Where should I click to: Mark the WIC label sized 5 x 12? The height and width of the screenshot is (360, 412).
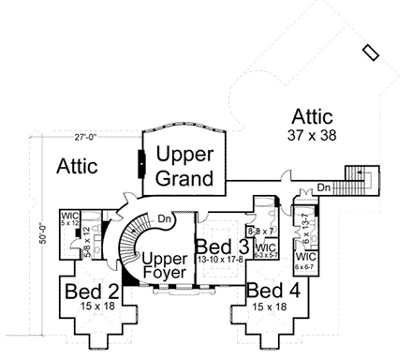(69, 218)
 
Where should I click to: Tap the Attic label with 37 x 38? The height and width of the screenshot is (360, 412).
(313, 117)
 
